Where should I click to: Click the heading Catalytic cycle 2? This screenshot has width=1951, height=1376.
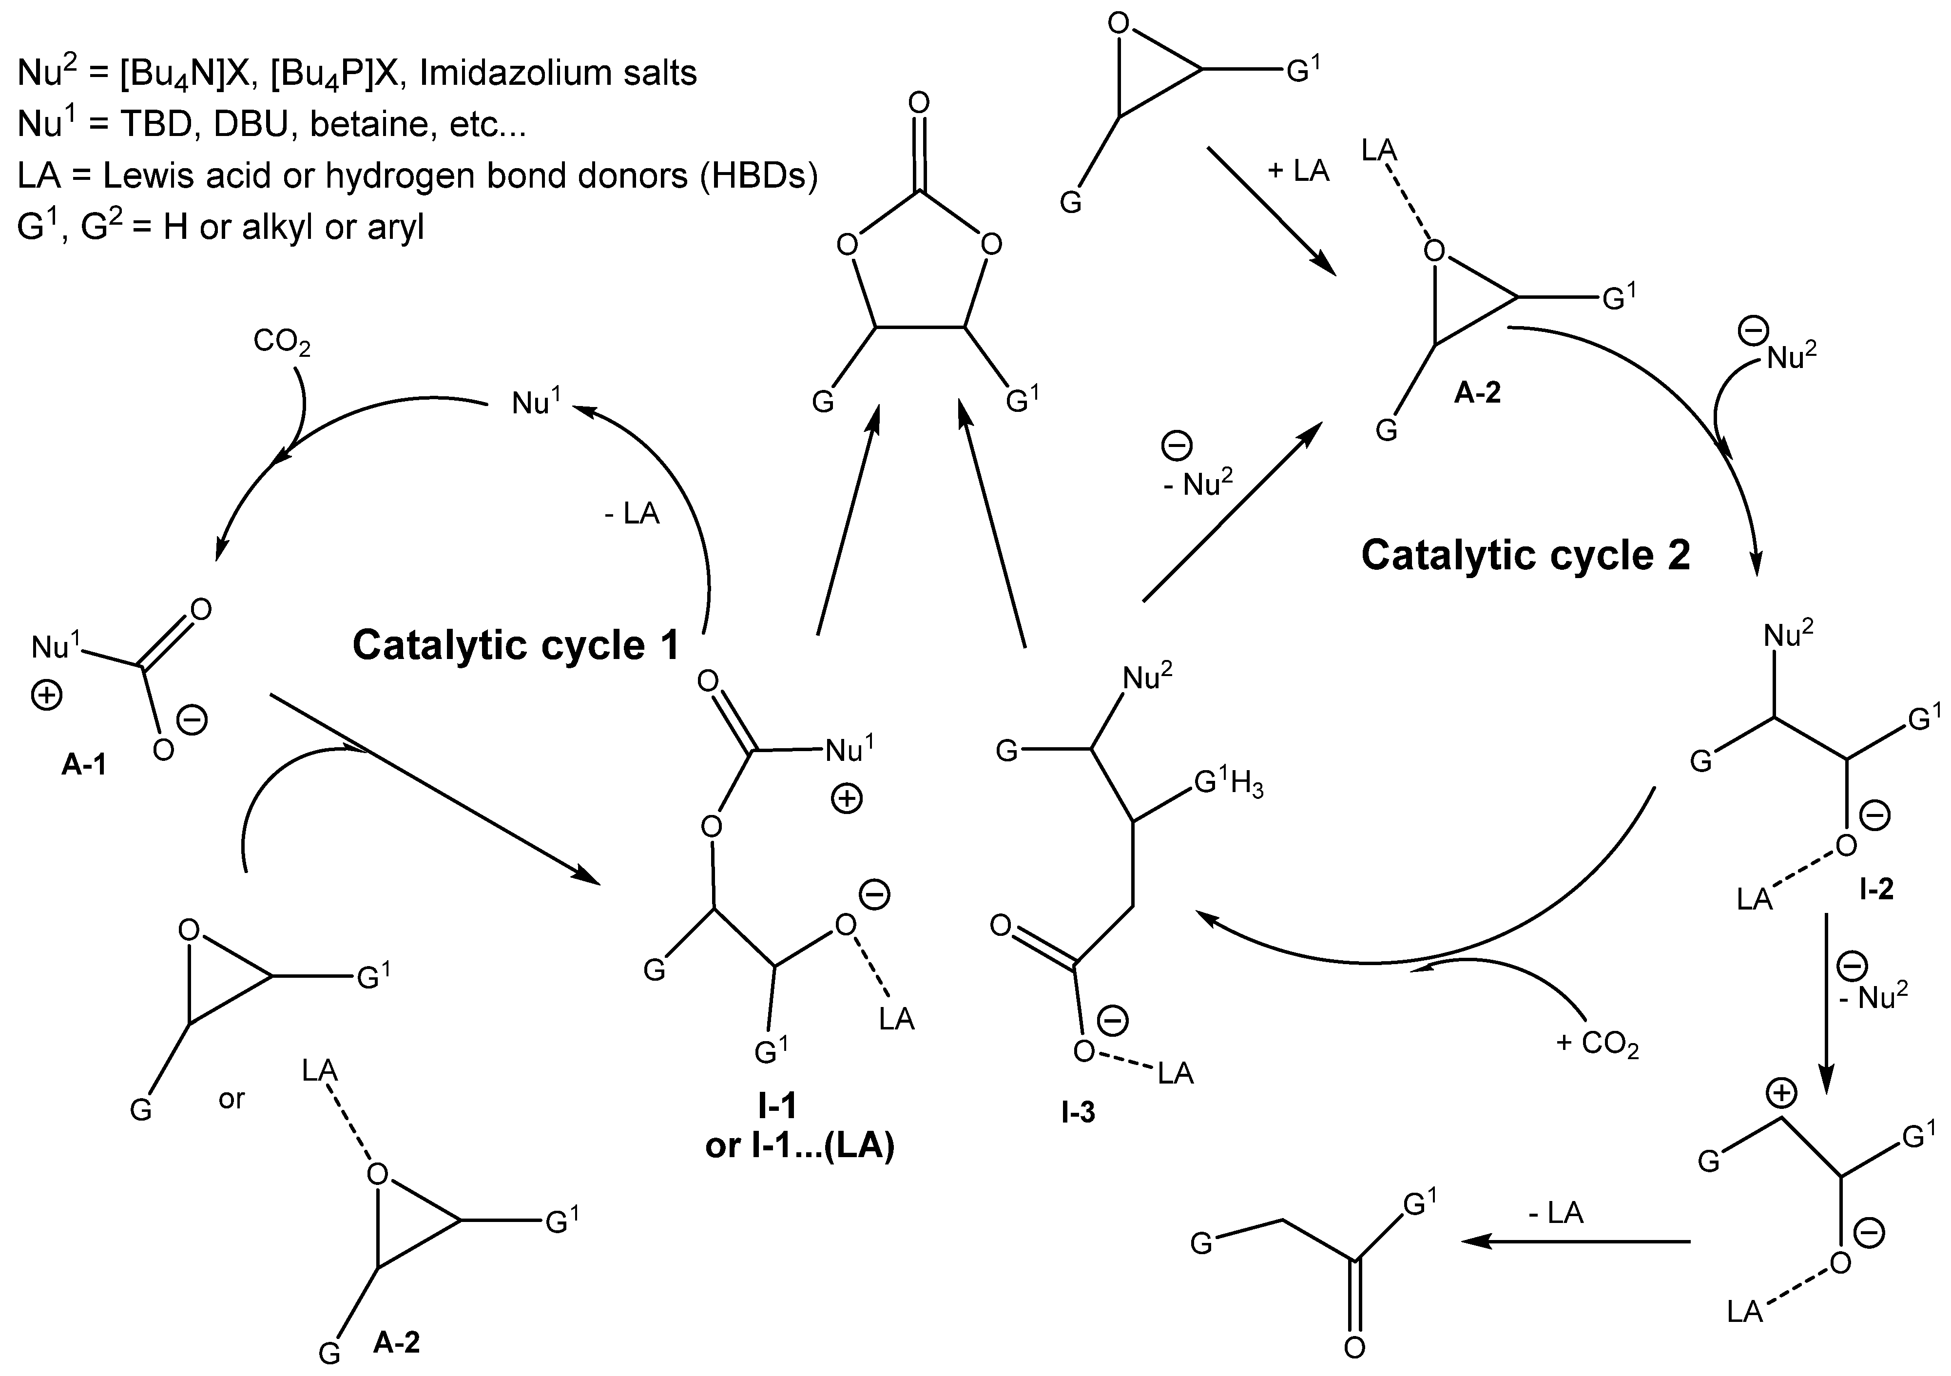pos(1526,556)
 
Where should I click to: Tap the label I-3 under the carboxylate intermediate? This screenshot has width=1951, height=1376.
pos(1078,1112)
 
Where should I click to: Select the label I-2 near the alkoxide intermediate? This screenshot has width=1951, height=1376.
pos(1876,889)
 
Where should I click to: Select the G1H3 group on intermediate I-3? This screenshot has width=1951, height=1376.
pos(1229,784)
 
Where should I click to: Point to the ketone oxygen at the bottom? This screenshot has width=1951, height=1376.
pos(1354,1347)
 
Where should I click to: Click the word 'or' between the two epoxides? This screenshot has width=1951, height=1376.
pos(231,1099)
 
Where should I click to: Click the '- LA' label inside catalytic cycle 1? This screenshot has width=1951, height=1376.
pos(631,513)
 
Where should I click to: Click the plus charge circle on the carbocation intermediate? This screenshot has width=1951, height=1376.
pos(1782,1093)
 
